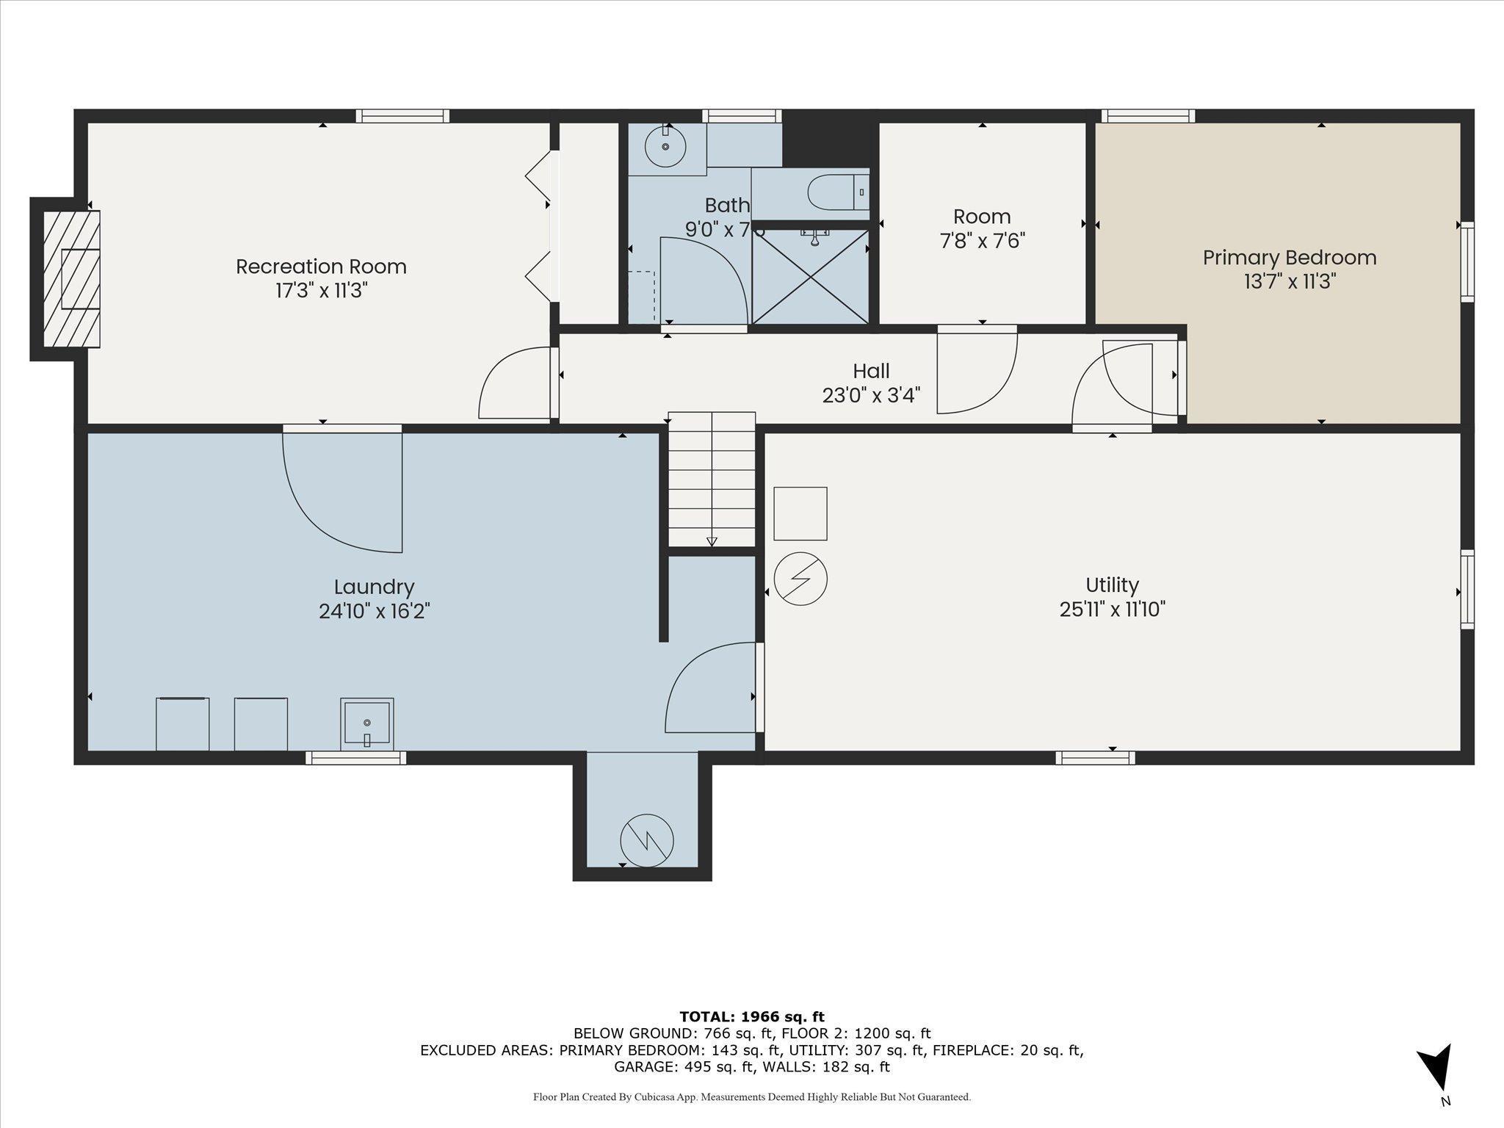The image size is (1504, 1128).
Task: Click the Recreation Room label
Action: (x=321, y=267)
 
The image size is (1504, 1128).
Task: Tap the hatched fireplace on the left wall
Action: (x=71, y=279)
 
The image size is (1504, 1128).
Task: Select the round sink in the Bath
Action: (x=665, y=147)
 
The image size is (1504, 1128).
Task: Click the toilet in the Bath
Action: (x=836, y=192)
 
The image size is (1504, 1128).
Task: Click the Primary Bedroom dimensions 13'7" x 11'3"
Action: (x=1289, y=282)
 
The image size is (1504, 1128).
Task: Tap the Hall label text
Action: (x=871, y=371)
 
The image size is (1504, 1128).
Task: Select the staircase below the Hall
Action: (x=712, y=479)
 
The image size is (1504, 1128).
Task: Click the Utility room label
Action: (x=1112, y=585)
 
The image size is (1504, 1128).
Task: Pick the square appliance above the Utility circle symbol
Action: (x=800, y=513)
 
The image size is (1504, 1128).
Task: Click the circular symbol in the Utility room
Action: (x=800, y=579)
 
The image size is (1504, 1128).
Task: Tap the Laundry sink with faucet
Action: (x=366, y=724)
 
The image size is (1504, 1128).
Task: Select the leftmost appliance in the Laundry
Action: (x=183, y=724)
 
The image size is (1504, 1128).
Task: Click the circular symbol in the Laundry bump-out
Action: (x=647, y=840)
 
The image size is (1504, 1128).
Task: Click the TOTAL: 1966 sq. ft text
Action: (x=752, y=1017)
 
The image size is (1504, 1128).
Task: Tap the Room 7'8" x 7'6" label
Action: (x=982, y=228)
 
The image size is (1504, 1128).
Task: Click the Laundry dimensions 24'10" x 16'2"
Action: (x=374, y=611)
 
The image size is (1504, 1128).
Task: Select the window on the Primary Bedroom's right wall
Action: (x=1467, y=261)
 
